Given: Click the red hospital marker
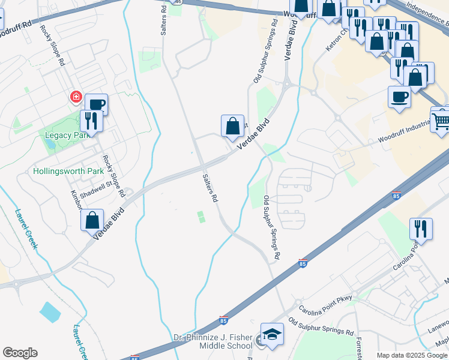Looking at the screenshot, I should point(76,97).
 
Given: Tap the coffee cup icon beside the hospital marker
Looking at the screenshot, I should point(96,105).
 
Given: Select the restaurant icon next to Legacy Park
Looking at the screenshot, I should point(91,121).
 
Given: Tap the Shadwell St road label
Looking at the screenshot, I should point(96,189).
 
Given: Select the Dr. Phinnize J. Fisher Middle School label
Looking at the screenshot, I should point(213,341).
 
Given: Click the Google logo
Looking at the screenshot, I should point(20,353).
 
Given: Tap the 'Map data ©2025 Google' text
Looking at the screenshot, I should point(412,355).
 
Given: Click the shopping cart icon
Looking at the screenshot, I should point(441,121).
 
